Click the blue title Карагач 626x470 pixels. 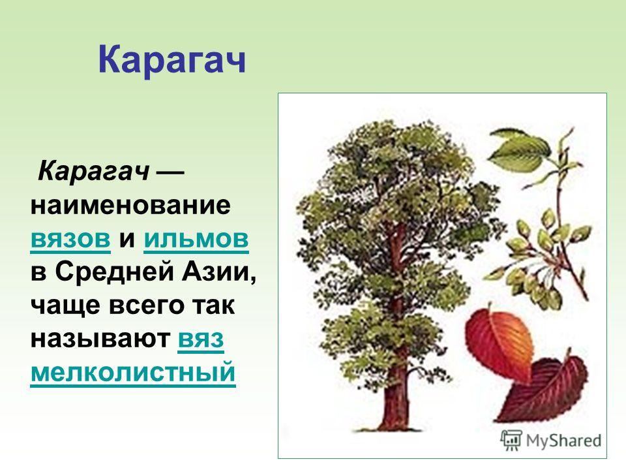point(171,60)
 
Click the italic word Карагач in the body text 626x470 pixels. point(94,172)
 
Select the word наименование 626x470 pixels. point(130,206)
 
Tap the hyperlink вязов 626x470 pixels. point(70,239)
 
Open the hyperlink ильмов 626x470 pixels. point(196,239)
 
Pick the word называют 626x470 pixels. point(100,339)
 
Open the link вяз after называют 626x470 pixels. point(201,339)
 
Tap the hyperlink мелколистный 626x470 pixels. point(133,373)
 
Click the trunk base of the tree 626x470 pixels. point(395,416)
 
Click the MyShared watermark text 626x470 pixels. point(563,441)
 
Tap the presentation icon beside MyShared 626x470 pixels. point(511,441)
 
